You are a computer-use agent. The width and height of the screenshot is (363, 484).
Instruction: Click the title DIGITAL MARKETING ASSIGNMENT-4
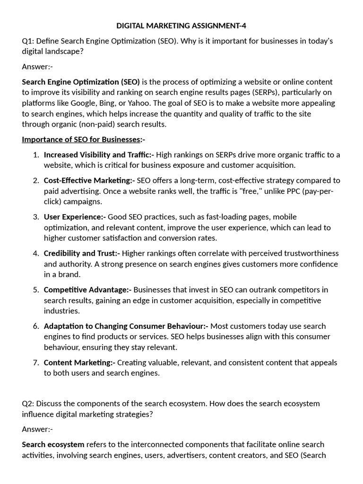tap(181, 26)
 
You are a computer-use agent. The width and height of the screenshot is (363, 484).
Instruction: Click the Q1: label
tap(28, 41)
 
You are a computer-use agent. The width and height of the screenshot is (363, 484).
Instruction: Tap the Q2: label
tap(28, 404)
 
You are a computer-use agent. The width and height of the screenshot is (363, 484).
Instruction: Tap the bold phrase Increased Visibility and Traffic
tap(99, 155)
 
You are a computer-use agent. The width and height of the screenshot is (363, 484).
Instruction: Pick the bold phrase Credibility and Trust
tap(82, 253)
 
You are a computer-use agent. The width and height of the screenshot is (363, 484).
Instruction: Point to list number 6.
tap(36, 326)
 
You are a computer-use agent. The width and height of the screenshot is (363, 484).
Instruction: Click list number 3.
tap(36, 217)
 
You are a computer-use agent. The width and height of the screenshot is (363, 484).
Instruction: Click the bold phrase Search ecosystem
tap(53, 445)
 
